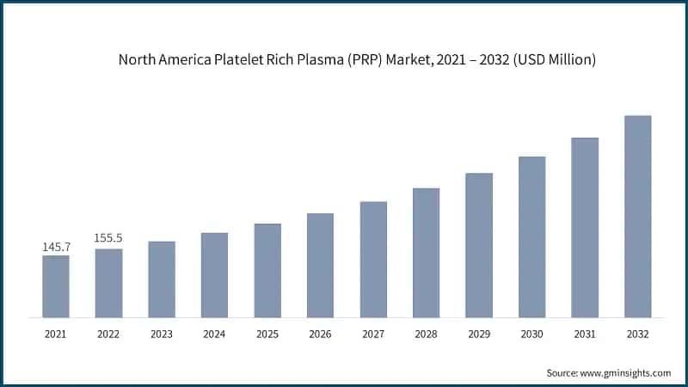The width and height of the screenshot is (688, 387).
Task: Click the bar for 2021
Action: [x=56, y=286]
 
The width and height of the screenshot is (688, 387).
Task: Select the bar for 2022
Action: [x=108, y=283]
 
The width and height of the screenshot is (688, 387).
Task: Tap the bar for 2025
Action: [x=267, y=270]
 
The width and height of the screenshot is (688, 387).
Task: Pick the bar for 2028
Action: [x=426, y=252]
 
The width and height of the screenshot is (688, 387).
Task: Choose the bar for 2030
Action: [x=532, y=236]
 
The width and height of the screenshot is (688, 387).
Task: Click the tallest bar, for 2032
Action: [x=637, y=216]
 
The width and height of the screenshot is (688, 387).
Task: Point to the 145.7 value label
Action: [x=56, y=248]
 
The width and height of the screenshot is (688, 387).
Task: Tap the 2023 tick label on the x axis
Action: [x=162, y=333]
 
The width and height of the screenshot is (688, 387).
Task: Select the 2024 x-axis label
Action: [x=214, y=333]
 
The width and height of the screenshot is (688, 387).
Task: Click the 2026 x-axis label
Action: [x=320, y=333]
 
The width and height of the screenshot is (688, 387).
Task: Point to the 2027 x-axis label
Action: [x=373, y=333]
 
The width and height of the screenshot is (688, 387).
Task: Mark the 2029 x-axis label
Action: [x=479, y=333]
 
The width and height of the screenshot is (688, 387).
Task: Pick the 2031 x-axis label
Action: [x=585, y=333]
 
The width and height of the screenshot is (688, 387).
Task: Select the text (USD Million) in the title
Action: [x=550, y=60]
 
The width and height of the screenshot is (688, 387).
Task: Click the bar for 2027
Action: [x=373, y=259]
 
